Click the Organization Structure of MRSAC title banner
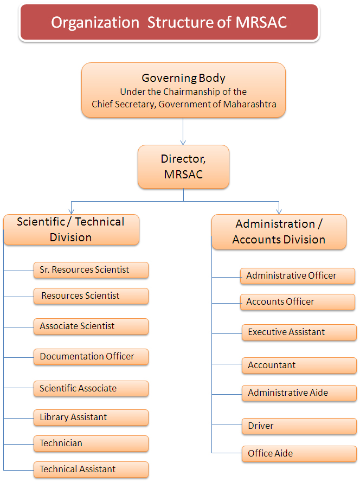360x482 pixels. [x=169, y=22]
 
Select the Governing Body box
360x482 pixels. [x=183, y=90]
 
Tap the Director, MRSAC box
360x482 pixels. [x=183, y=166]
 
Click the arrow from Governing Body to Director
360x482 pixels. [x=183, y=131]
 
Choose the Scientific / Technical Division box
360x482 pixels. [x=71, y=229]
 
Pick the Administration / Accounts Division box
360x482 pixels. [x=279, y=232]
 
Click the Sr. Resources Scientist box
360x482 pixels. [x=91, y=269]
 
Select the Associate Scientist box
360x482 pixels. [x=91, y=326]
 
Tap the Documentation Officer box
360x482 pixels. [x=91, y=356]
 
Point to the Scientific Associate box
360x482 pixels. [x=91, y=388]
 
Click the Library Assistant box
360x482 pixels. [x=91, y=417]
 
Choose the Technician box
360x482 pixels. [x=91, y=443]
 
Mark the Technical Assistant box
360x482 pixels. [x=91, y=469]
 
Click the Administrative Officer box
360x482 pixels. [x=298, y=275]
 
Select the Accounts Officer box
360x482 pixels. [x=298, y=301]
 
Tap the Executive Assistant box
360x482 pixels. [x=299, y=332]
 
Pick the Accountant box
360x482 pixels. [x=299, y=365]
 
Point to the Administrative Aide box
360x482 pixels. [x=299, y=393]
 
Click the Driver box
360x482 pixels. [x=299, y=426]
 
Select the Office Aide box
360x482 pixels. [x=299, y=453]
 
